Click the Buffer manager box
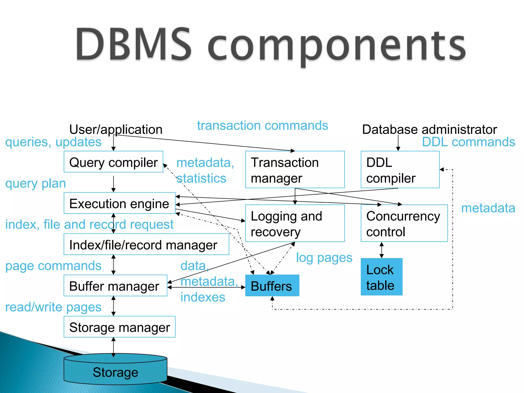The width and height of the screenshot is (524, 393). pos(115,286)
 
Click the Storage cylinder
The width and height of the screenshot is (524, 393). pos(115,372)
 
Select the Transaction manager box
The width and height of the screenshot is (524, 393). pos(295,170)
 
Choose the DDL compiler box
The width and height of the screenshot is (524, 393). pos(400,170)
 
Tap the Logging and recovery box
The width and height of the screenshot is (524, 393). pos(295,223)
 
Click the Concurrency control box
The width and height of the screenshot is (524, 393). pos(404,223)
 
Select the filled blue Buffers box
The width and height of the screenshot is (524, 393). pos(272,286)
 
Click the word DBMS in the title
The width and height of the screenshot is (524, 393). pos(133,45)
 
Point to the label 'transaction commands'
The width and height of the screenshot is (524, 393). pos(263,126)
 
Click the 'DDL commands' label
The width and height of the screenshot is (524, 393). pos(468,142)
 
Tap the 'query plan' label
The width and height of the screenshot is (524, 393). pos(36,183)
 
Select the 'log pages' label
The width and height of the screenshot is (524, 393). pos(324,258)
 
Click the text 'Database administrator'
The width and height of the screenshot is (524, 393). pos(429,129)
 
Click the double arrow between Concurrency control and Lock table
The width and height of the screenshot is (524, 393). pos(381,250)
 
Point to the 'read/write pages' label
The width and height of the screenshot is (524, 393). pos(53,307)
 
